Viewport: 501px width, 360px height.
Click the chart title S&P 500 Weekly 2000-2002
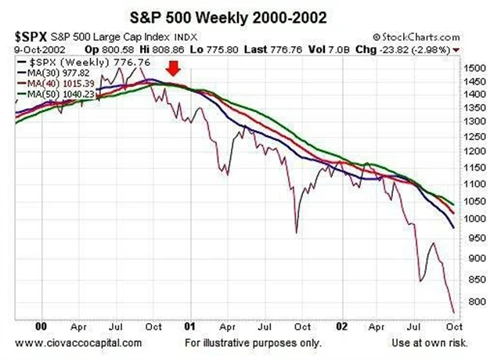point(250,16)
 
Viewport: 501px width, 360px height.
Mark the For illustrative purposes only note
point(252,343)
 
